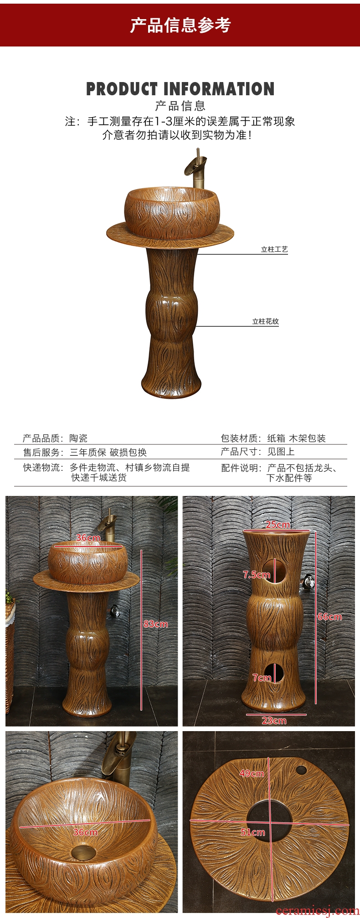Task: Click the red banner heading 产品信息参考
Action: (x=180, y=25)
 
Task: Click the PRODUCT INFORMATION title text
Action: (x=180, y=89)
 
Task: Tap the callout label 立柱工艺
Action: (x=274, y=249)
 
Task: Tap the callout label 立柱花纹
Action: (x=266, y=321)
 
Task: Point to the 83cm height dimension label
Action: (x=155, y=624)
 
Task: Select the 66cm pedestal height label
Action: (x=329, y=617)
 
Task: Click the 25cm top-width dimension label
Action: (x=278, y=524)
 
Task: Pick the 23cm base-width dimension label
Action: (x=274, y=720)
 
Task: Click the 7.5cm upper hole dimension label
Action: (x=257, y=574)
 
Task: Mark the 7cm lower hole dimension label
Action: (x=262, y=678)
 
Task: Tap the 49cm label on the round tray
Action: (x=252, y=773)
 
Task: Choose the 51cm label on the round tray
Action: (x=252, y=832)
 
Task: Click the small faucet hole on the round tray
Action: (x=301, y=771)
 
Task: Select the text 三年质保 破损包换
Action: (x=108, y=452)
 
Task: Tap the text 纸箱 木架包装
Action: (x=296, y=438)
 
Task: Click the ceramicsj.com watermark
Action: (x=317, y=910)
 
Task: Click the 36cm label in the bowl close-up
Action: (x=85, y=832)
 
